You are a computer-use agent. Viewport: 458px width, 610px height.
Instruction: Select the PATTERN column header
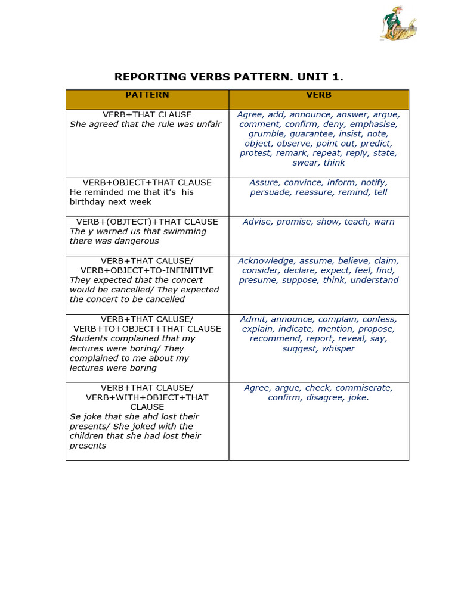[x=147, y=95]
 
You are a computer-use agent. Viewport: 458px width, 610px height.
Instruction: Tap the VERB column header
[x=319, y=95]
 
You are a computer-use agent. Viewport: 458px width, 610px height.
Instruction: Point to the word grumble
[x=267, y=134]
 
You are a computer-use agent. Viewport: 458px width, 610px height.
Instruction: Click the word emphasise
[x=375, y=125]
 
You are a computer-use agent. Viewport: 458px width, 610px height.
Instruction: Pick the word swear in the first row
[x=305, y=163]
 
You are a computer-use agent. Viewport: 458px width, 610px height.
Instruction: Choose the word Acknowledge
[x=266, y=261]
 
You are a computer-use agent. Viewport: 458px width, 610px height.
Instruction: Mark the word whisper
[x=338, y=348]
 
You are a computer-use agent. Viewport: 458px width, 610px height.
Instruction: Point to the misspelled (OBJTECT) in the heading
[x=129, y=222]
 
